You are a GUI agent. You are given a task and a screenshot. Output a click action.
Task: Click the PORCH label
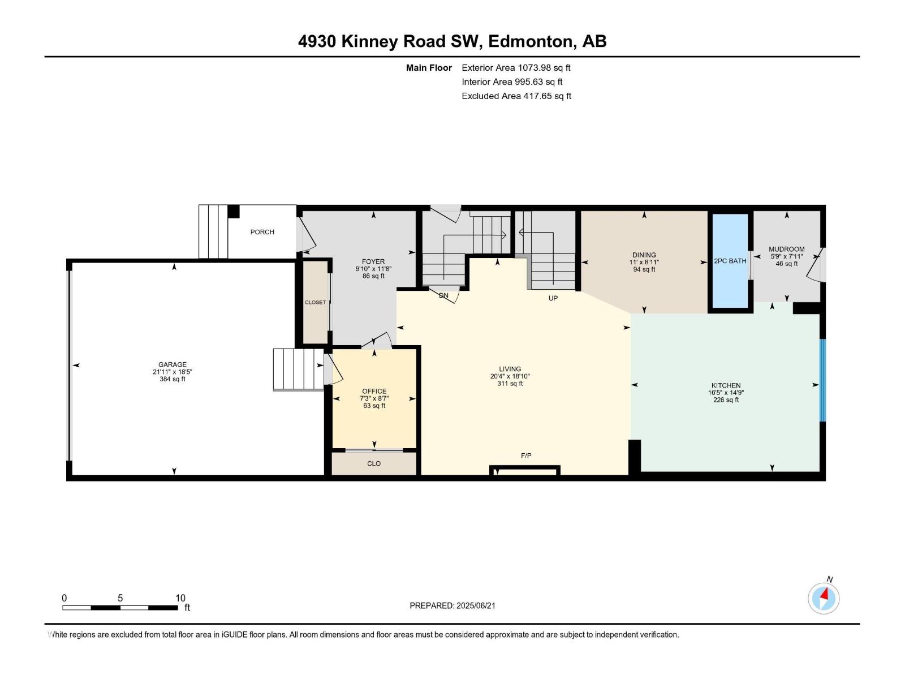tap(262, 232)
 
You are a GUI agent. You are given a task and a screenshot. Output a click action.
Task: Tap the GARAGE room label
tap(173, 364)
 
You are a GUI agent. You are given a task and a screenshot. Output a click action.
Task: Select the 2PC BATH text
tap(730, 261)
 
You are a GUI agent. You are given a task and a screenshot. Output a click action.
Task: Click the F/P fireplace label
tap(526, 455)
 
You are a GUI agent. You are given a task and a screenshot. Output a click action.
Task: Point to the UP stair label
tap(553, 298)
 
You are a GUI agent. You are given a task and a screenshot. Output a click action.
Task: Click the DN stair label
tap(443, 295)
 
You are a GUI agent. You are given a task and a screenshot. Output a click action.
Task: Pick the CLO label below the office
tap(374, 463)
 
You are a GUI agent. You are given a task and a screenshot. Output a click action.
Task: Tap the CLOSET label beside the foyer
tap(316, 302)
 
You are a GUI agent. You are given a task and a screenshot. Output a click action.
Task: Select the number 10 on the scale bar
tap(180, 598)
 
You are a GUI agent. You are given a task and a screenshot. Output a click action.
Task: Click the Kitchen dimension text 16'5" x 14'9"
tap(726, 393)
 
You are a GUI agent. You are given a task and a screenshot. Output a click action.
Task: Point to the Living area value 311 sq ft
tap(510, 384)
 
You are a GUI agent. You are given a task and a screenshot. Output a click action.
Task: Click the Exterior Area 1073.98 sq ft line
tap(516, 67)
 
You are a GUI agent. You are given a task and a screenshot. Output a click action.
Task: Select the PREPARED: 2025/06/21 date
tap(453, 605)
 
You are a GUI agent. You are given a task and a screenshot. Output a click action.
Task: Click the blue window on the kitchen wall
tap(822, 380)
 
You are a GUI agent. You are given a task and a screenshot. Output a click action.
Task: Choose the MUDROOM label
tap(787, 249)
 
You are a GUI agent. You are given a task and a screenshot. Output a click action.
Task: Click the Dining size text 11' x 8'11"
tap(644, 262)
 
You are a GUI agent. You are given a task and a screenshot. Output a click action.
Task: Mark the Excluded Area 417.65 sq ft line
tap(516, 96)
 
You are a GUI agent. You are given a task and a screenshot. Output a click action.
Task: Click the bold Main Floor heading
tap(429, 67)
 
